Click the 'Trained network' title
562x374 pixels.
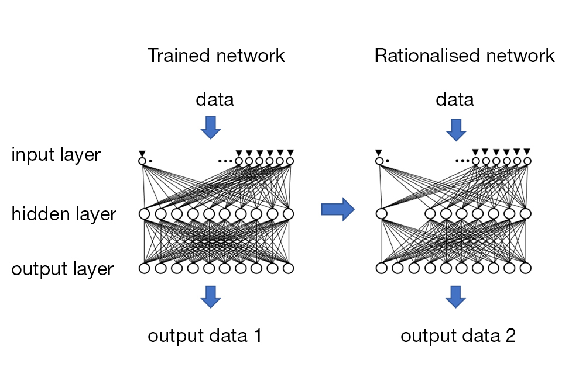[216, 56]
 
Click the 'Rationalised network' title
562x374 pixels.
[464, 56]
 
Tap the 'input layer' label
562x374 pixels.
[56, 155]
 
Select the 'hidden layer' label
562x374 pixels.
[64, 214]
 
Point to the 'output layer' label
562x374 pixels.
[63, 269]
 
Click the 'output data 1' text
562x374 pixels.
[204, 336]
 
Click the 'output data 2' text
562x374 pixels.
[458, 336]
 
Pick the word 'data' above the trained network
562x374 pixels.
[214, 99]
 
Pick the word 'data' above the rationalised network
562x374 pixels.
[455, 99]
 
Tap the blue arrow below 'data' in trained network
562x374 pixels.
[210, 127]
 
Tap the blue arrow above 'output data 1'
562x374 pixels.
[210, 296]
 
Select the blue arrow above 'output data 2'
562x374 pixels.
[455, 296]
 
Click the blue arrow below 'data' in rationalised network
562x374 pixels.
[455, 130]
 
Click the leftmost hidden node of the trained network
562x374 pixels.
[144, 214]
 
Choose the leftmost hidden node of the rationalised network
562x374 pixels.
[382, 214]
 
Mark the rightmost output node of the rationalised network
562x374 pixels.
[525, 268]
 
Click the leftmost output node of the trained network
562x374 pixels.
[144, 268]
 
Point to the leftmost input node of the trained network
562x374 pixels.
[142, 161]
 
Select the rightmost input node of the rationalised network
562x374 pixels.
[527, 161]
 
